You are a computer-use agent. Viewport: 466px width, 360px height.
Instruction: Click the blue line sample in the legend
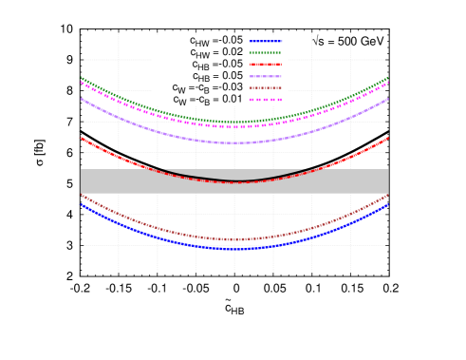(x=265, y=41)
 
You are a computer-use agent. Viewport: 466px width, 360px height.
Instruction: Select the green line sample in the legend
(x=265, y=52)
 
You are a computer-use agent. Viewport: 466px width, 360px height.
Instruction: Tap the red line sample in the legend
(x=265, y=64)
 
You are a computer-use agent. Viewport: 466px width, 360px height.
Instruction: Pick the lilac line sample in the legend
(x=265, y=76)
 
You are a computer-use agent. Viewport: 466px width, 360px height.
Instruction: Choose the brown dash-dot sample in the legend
(x=265, y=87)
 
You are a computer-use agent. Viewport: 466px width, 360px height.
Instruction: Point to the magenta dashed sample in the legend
(x=265, y=100)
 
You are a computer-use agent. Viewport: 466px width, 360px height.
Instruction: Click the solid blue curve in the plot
(x=142, y=232)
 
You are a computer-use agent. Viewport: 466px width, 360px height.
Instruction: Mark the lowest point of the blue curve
(x=234, y=248)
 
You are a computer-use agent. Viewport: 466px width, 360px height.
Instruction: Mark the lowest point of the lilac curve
(x=234, y=142)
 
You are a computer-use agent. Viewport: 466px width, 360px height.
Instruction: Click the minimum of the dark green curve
(x=234, y=122)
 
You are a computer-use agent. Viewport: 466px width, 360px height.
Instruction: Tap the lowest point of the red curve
(x=234, y=182)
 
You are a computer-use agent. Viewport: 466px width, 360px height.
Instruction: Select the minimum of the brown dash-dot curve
(x=234, y=239)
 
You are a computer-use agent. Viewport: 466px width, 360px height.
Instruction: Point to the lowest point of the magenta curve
(x=234, y=126)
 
